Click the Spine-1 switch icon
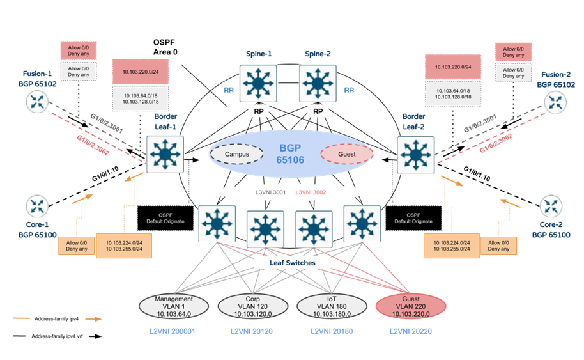(257, 82)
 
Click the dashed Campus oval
(236, 154)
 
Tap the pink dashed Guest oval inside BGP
(346, 154)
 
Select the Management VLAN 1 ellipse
(174, 306)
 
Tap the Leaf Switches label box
(292, 263)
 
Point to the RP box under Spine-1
(258, 110)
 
